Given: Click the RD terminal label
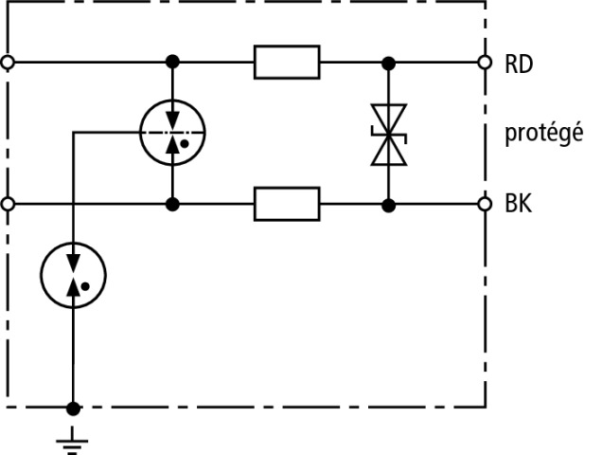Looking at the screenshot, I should point(520,64).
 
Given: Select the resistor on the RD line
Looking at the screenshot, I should point(287,64).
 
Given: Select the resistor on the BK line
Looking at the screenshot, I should point(287,203).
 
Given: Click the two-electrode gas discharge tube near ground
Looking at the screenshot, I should point(73,274).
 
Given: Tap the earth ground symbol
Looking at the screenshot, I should point(73,438).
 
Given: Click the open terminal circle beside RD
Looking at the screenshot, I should point(485,64).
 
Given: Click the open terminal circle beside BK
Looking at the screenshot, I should point(485,203).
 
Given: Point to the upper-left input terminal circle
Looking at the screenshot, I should point(9,64).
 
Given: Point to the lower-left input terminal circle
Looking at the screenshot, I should point(9,203).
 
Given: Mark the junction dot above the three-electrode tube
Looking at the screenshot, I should point(171,64).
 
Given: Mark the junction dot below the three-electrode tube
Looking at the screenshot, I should point(171,203).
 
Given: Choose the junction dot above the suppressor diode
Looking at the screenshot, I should point(387,64).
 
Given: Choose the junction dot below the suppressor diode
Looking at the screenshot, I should point(387,203).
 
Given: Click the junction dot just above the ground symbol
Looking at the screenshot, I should point(73,409).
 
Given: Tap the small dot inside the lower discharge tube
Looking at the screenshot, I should point(85,285).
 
